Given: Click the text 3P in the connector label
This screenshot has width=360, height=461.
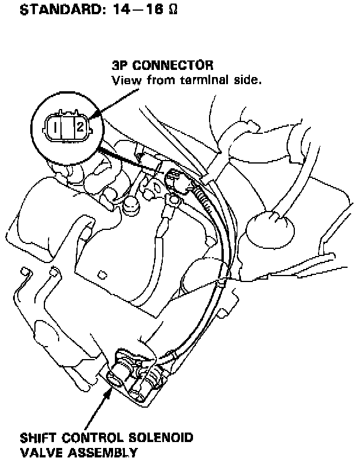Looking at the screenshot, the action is (120, 65).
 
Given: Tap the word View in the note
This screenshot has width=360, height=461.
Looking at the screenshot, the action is (125, 79).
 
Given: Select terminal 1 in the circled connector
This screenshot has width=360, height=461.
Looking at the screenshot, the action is (54, 126).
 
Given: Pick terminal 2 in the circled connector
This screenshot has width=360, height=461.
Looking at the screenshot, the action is (78, 126).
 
